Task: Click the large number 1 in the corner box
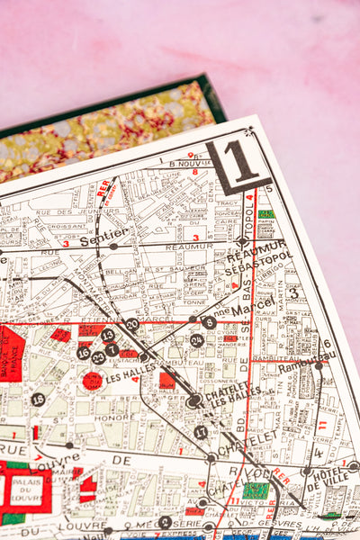click(x=240, y=162)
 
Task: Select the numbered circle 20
click(x=132, y=324)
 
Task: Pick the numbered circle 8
click(x=209, y=322)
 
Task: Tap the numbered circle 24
click(x=196, y=340)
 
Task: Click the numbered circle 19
click(x=38, y=400)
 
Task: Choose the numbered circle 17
click(x=200, y=432)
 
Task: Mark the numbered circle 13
click(x=108, y=336)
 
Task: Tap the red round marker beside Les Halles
click(x=93, y=381)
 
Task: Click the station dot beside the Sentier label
click(x=113, y=246)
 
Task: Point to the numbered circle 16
click(x=84, y=353)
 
